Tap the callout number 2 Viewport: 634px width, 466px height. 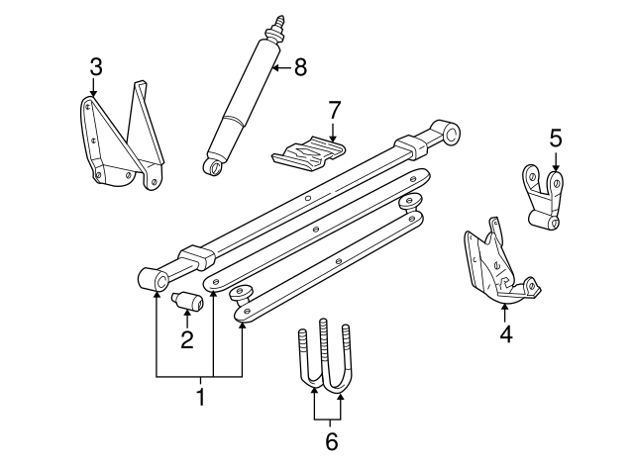[185, 341]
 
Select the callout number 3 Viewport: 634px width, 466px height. [95, 67]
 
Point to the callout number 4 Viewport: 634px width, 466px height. [505, 335]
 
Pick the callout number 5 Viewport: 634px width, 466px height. [555, 138]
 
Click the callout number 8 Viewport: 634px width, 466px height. [300, 67]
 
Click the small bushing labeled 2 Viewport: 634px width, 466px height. [186, 304]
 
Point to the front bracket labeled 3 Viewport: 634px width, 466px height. [119, 143]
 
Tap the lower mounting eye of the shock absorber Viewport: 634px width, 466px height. [212, 167]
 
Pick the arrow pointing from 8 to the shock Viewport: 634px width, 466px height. [282, 67]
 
